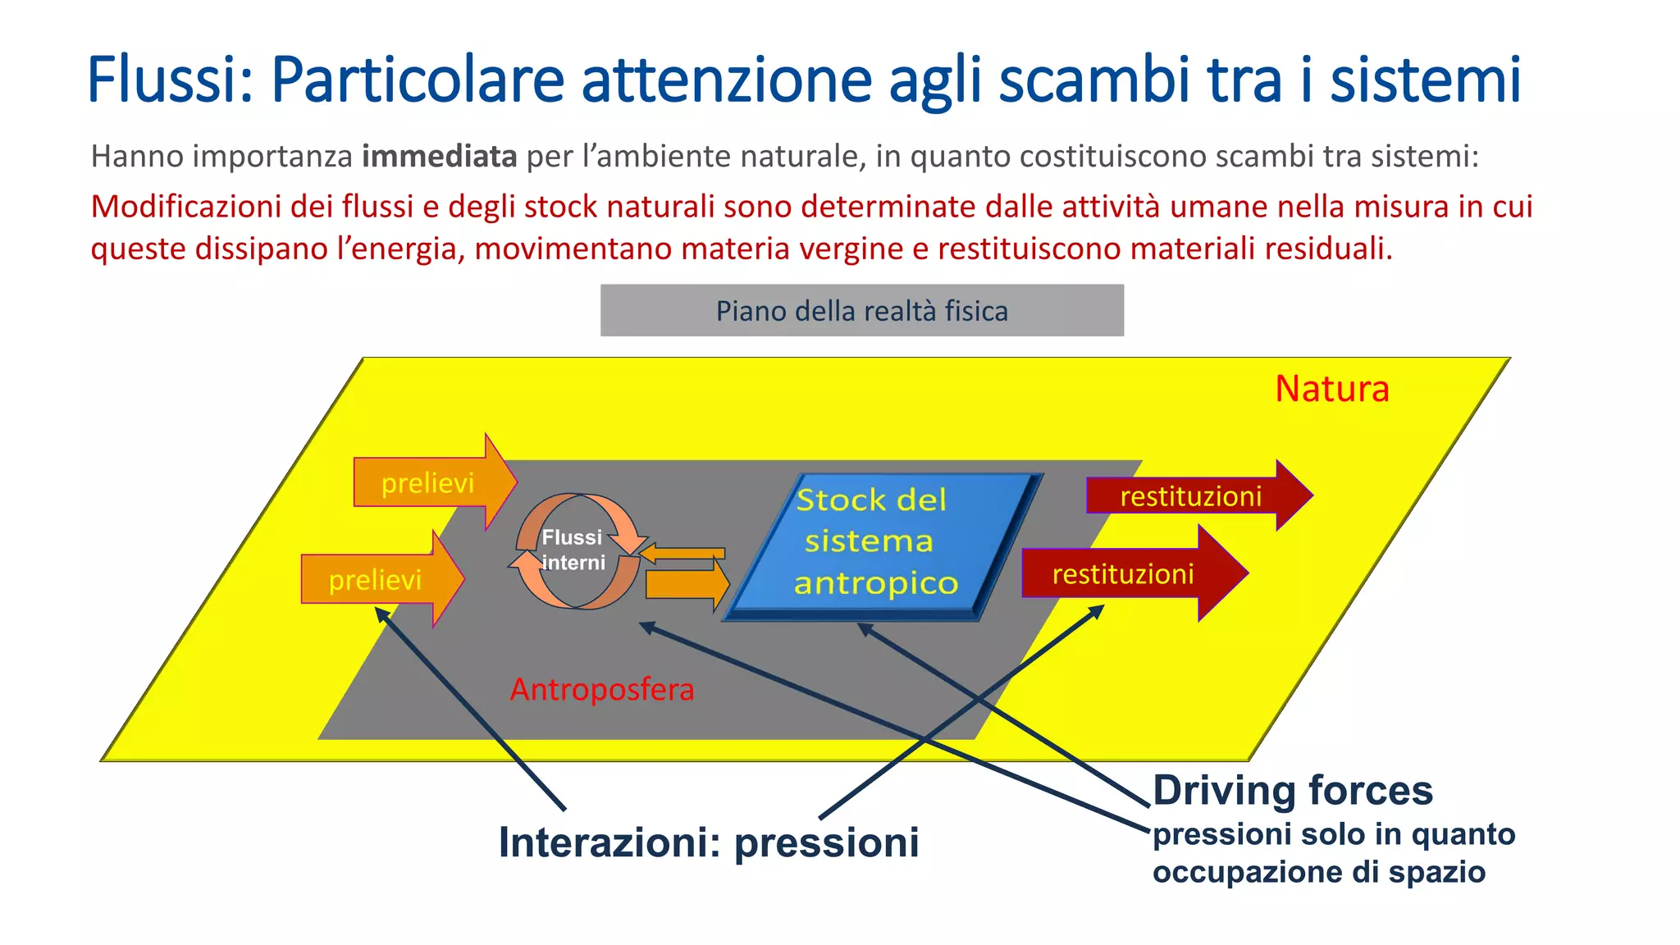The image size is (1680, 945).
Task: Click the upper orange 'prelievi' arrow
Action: pyautogui.click(x=431, y=482)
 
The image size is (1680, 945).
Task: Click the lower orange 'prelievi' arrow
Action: pyautogui.click(x=379, y=579)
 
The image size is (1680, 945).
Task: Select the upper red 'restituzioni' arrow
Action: pyautogui.click(x=1194, y=495)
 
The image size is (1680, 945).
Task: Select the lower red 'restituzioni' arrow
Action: pyautogui.click(x=1128, y=573)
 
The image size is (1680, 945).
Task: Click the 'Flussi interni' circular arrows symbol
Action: pyautogui.click(x=576, y=550)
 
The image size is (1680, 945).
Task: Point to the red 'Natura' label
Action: pyautogui.click(x=1331, y=389)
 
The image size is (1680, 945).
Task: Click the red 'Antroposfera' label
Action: pyautogui.click(x=601, y=689)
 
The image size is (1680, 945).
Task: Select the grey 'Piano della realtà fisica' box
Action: pyautogui.click(x=861, y=311)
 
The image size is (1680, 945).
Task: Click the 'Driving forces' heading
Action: pyautogui.click(x=1292, y=791)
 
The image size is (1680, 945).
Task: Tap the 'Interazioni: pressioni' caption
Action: pyautogui.click(x=709, y=842)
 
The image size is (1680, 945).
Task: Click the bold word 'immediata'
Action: pyautogui.click(x=439, y=156)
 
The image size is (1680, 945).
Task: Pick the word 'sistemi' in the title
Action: pyautogui.click(x=1425, y=80)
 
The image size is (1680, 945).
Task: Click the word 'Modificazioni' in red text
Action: pyautogui.click(x=186, y=207)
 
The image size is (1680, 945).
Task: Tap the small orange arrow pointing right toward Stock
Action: pyautogui.click(x=686, y=584)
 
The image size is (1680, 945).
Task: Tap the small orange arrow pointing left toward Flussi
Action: pyautogui.click(x=682, y=554)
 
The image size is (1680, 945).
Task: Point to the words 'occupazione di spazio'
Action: pyautogui.click(x=1318, y=872)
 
